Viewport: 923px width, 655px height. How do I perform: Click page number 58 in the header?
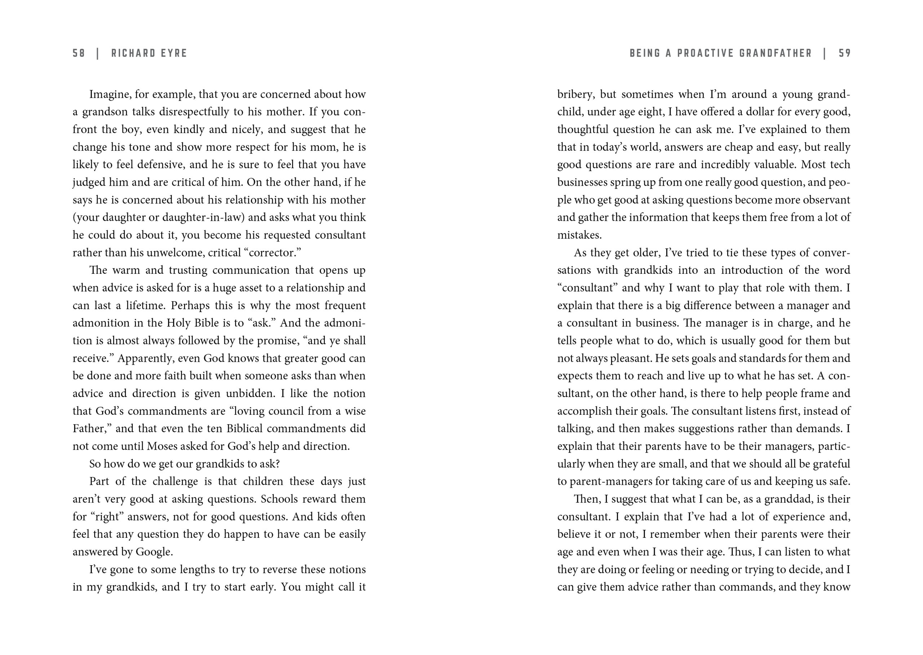tap(79, 53)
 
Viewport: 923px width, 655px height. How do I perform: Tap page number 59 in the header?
tap(844, 53)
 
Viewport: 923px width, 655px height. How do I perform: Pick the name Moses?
tap(162, 447)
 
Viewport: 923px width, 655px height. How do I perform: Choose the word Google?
tap(154, 552)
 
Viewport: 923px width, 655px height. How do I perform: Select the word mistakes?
tap(579, 235)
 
